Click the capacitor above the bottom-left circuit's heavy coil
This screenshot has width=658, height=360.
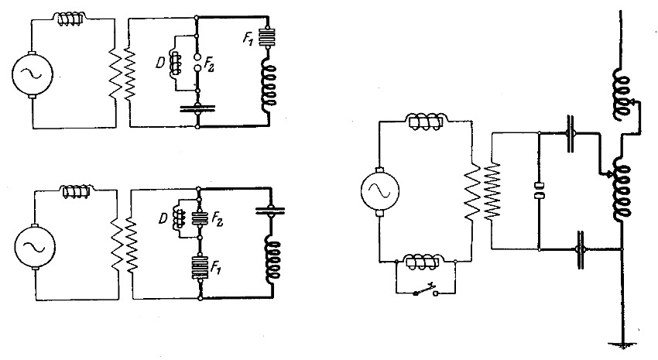click(269, 208)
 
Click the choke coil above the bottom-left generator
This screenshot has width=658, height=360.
click(76, 190)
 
